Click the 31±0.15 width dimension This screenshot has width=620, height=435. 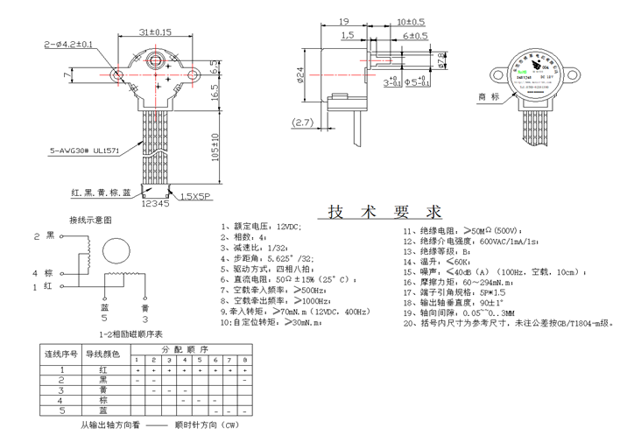coord(156,32)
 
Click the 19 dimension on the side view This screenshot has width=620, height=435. coord(343,20)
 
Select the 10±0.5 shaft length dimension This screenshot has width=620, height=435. coord(411,20)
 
